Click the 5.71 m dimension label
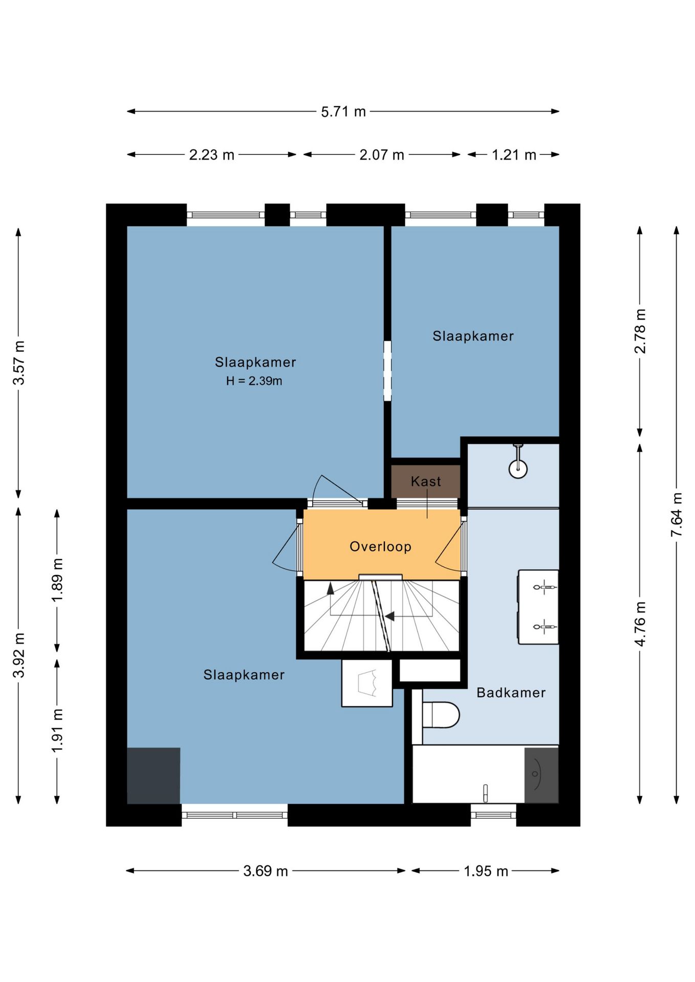(x=343, y=111)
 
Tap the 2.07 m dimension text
(x=382, y=154)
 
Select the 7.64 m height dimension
(x=677, y=514)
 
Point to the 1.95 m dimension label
(x=486, y=871)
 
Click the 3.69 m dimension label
(x=266, y=871)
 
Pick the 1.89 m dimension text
(x=57, y=580)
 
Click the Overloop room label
(x=380, y=546)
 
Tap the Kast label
(x=426, y=481)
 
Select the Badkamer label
(x=511, y=693)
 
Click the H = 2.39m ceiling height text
(x=254, y=381)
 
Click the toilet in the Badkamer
(x=441, y=715)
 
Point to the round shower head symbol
(x=518, y=467)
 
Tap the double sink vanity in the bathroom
(x=538, y=607)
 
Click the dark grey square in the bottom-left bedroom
(x=154, y=775)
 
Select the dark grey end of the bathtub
(x=541, y=775)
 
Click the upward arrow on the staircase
(x=331, y=589)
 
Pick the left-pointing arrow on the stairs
(x=390, y=617)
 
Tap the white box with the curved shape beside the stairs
(x=367, y=683)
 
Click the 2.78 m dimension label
(x=640, y=331)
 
